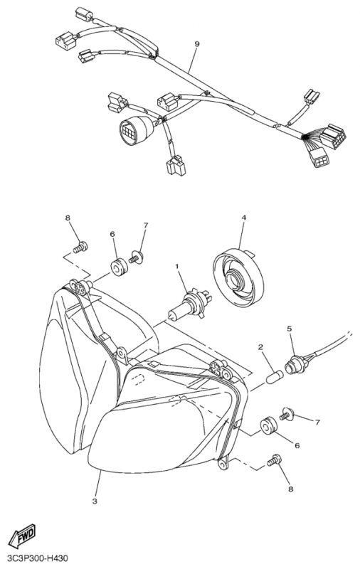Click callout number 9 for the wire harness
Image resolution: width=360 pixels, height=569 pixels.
point(196,44)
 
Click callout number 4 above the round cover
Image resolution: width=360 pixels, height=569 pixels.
point(243,218)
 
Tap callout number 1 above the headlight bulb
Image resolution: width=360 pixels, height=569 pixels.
point(177,267)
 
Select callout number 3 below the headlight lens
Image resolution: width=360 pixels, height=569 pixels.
point(95,501)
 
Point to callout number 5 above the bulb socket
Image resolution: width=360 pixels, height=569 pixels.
point(289,329)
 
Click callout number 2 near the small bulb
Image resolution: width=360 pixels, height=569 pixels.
point(260,347)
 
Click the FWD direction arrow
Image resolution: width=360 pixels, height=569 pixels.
point(22,536)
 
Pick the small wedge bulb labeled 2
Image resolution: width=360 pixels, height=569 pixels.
point(275,376)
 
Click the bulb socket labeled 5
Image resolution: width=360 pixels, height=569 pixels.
point(296,363)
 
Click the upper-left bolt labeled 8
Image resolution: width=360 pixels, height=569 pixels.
point(80,248)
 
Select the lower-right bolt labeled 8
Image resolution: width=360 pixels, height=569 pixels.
point(274,460)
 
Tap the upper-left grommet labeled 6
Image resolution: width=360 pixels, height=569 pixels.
point(119,267)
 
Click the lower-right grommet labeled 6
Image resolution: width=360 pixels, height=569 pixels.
point(268,426)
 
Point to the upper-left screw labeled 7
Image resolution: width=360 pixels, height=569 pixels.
point(137,257)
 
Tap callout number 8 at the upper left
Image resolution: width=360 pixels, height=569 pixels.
point(68,218)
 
